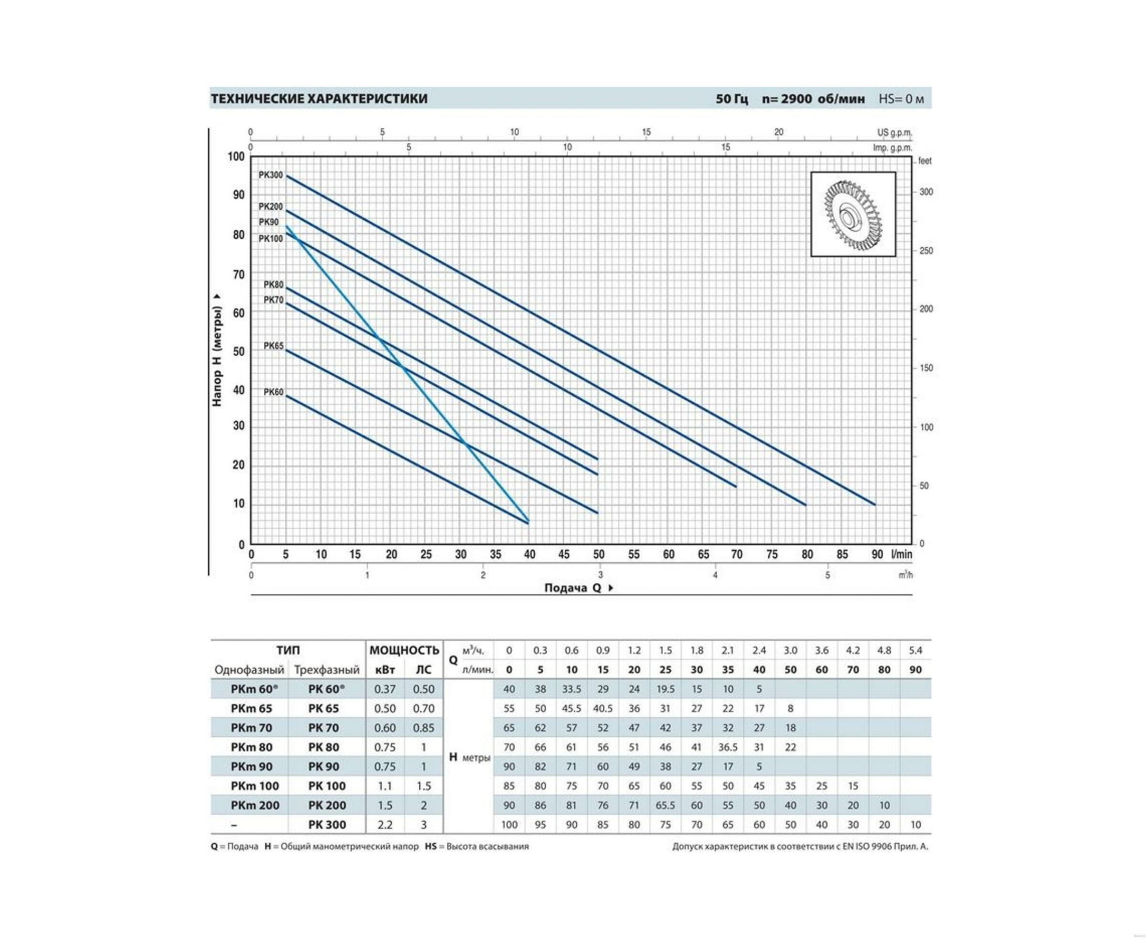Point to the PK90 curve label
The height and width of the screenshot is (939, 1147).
268,222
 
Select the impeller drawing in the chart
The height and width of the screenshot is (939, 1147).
853,214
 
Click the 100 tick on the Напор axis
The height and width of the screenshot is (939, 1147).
236,157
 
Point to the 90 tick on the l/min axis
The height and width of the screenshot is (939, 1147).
877,555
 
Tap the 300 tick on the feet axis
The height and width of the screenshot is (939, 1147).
926,192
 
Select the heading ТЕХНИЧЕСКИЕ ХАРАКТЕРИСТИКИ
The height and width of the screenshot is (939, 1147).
319,99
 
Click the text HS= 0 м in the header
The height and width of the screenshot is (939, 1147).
901,99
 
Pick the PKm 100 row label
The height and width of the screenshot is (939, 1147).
255,786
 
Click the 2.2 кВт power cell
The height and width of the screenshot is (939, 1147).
385,825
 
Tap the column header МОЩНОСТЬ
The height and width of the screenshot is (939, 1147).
404,650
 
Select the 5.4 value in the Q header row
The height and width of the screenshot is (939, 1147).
916,650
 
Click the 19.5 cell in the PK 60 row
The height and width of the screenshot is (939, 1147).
665,689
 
